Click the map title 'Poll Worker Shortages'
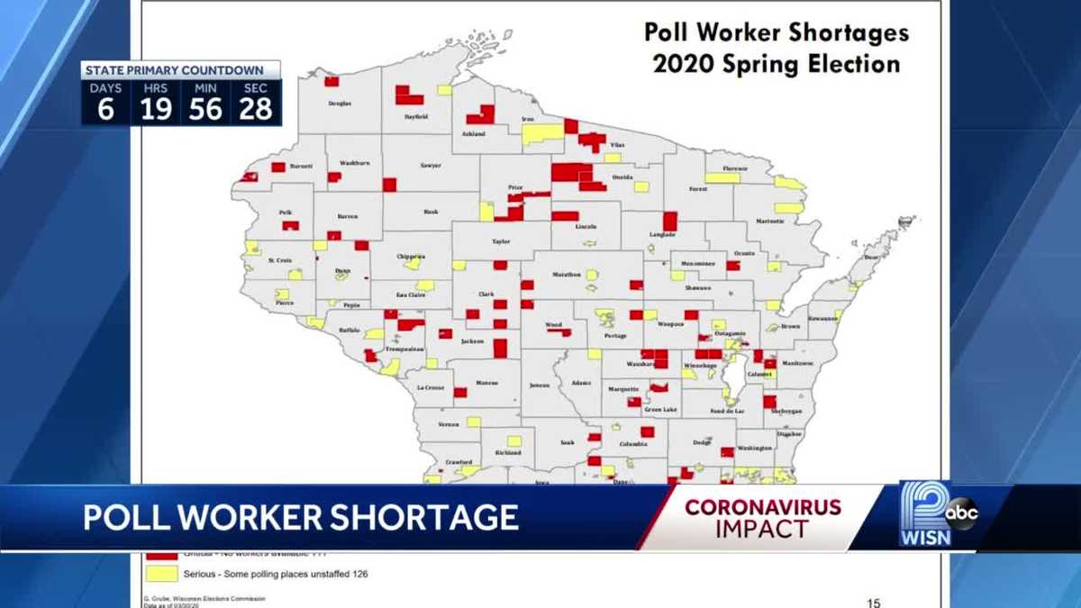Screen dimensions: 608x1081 (777, 33)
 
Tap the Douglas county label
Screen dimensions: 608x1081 (340, 104)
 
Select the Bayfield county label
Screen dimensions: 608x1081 (416, 117)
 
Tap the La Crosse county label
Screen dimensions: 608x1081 (431, 388)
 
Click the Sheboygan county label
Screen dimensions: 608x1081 (786, 411)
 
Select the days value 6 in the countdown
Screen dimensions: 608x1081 (106, 109)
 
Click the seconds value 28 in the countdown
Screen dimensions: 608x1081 (256, 109)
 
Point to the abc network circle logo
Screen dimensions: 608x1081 (961, 513)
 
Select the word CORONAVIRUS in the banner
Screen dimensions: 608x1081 (763, 507)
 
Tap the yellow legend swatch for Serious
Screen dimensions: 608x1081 (162, 573)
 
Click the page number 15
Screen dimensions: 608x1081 (873, 603)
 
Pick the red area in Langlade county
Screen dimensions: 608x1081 (669, 221)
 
